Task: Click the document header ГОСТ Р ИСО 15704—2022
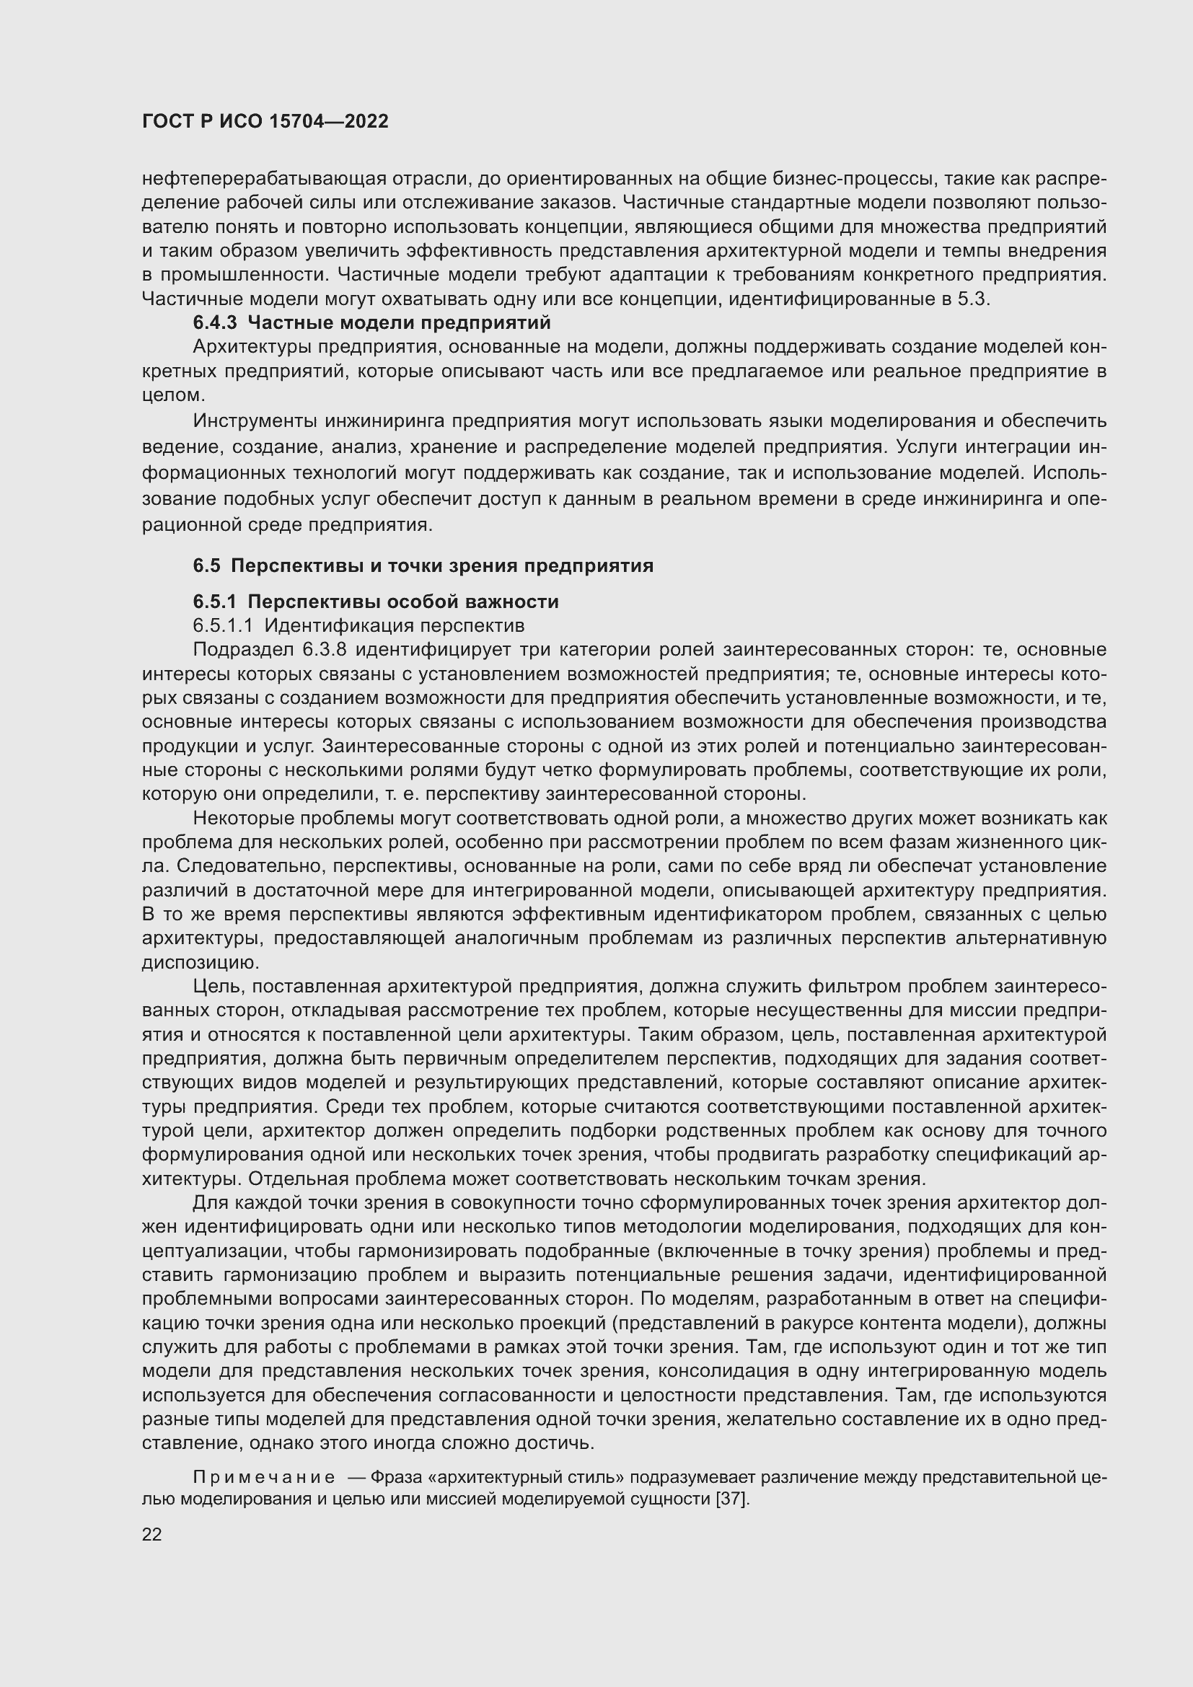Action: point(265,122)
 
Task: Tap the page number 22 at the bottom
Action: point(152,1534)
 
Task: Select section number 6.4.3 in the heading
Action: point(215,322)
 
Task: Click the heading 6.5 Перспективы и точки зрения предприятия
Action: point(423,565)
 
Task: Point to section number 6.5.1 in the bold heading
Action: point(214,602)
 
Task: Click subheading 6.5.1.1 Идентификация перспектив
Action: point(358,626)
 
